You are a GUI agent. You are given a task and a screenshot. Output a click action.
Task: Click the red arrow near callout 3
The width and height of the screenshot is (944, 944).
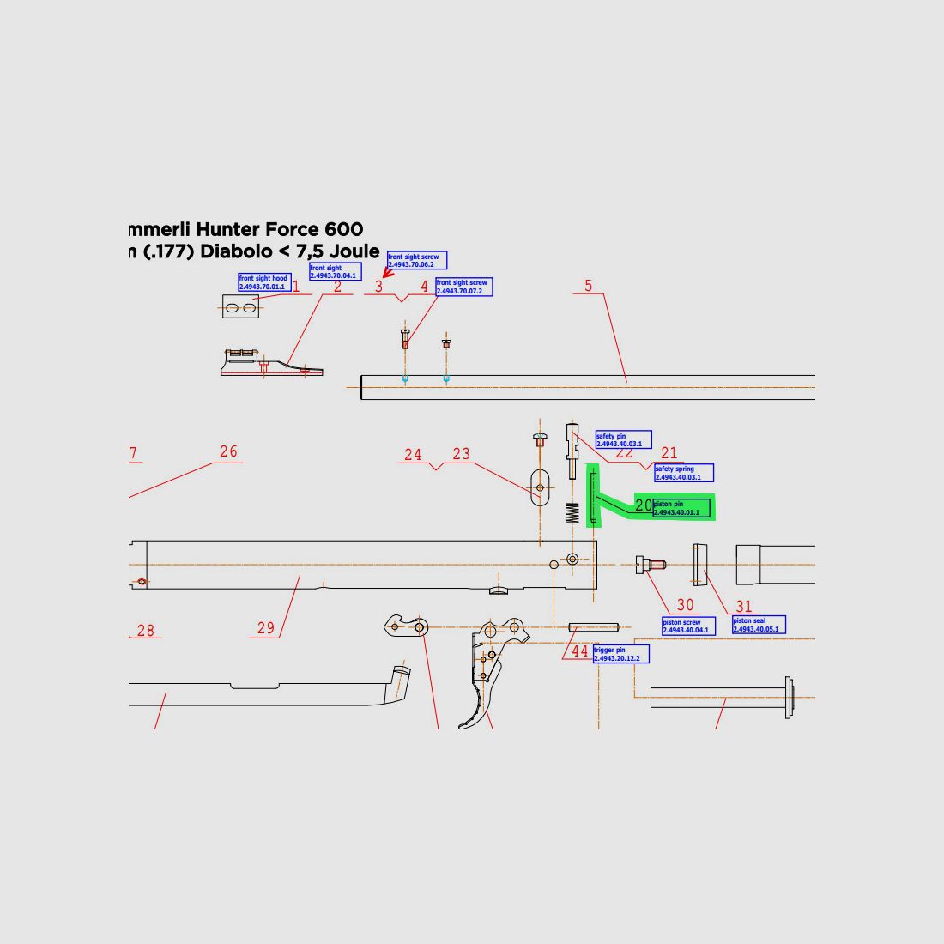(x=387, y=273)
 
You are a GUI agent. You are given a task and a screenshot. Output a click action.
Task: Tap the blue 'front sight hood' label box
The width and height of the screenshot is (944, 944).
(x=263, y=282)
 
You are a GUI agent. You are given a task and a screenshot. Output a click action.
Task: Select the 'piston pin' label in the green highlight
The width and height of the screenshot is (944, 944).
(x=681, y=508)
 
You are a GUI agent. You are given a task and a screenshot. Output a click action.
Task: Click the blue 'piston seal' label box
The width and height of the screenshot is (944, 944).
(x=759, y=625)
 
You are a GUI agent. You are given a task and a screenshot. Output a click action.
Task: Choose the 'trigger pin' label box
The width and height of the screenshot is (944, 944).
(x=621, y=654)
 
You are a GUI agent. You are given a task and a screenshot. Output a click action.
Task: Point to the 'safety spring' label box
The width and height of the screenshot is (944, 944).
(x=683, y=473)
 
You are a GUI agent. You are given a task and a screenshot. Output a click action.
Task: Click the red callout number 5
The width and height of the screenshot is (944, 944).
(x=588, y=286)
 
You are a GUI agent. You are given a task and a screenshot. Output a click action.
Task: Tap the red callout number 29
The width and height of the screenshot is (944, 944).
(x=266, y=628)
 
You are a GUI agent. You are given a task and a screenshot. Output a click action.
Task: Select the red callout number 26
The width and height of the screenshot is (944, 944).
(x=228, y=451)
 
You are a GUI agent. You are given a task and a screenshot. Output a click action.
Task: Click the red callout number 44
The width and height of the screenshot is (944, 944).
(x=580, y=651)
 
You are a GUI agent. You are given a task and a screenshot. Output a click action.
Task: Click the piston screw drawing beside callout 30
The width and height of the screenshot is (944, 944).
(x=651, y=565)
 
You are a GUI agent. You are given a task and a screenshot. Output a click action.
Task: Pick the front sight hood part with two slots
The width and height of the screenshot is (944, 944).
(x=240, y=306)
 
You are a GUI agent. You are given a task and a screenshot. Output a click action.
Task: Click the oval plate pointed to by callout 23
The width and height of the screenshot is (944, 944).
(x=539, y=488)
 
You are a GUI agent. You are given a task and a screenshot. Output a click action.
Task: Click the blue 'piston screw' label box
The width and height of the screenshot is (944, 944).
(x=687, y=626)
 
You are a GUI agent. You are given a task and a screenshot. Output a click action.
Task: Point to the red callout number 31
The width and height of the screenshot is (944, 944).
(x=743, y=607)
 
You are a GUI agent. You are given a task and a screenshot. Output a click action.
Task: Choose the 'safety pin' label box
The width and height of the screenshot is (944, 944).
(x=623, y=439)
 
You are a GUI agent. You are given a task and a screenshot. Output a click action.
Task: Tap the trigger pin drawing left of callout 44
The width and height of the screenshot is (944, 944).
(x=593, y=627)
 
